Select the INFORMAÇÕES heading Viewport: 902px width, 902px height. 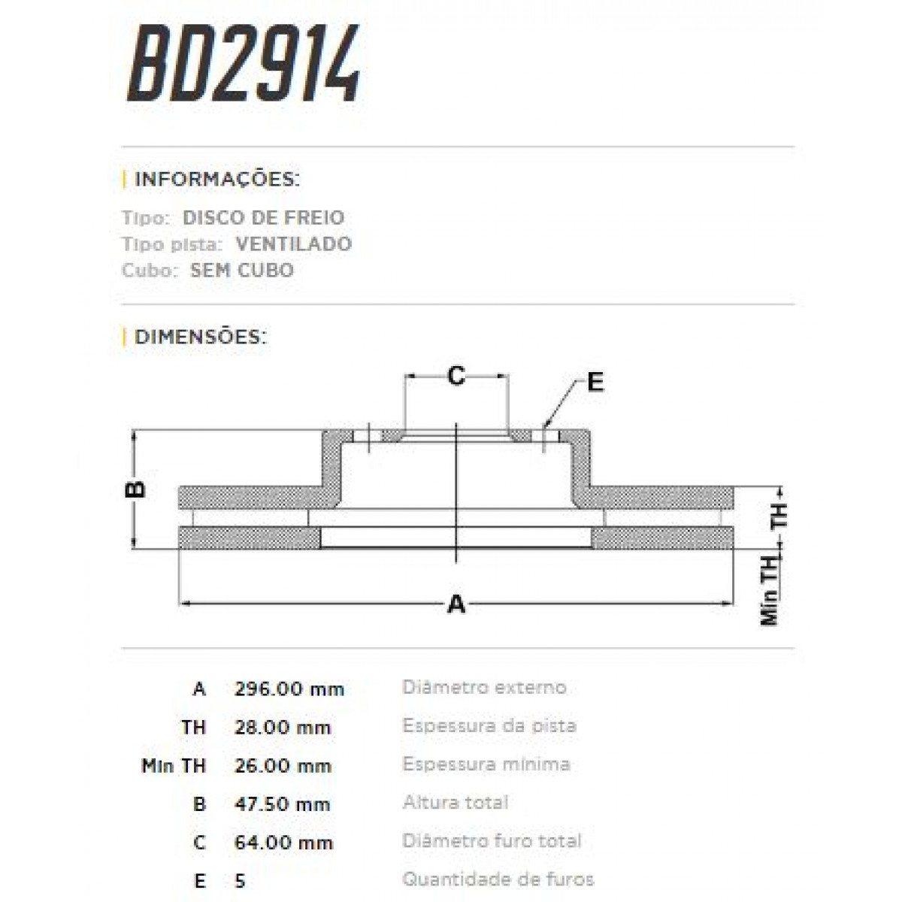(x=216, y=180)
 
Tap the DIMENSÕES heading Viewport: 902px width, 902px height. (x=200, y=336)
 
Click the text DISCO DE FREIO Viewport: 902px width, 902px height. (x=263, y=218)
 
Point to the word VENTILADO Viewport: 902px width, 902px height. (x=293, y=244)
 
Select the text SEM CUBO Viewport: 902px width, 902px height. (x=241, y=271)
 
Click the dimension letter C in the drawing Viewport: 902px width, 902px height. (x=456, y=375)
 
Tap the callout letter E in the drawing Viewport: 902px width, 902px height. (x=595, y=383)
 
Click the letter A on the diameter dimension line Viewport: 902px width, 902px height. (x=456, y=604)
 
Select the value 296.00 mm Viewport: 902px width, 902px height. (x=289, y=689)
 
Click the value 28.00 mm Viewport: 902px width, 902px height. (x=283, y=727)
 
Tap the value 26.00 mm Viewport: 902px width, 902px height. (x=283, y=765)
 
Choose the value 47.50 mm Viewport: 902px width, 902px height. (x=283, y=804)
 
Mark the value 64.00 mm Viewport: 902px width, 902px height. (x=283, y=842)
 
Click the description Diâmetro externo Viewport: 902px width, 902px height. (x=485, y=687)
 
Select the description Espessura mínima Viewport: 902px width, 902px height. (x=486, y=764)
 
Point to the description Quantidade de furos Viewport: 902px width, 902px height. (x=498, y=879)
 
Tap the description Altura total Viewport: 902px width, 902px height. (x=456, y=802)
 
